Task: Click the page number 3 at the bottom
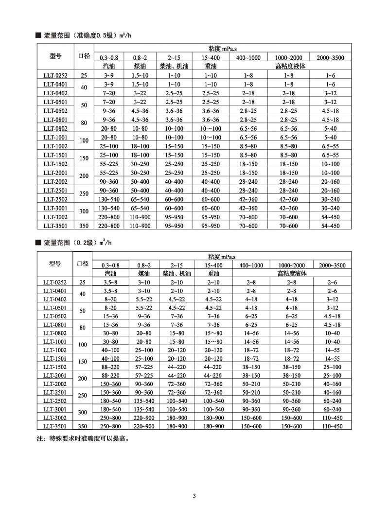pyautogui.click(x=194, y=496)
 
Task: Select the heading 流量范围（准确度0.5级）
pyautogui.click(x=80, y=35)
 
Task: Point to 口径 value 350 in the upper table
pyautogui.click(x=83, y=226)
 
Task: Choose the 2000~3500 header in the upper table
pyautogui.click(x=330, y=58)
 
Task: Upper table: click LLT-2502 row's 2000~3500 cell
pyautogui.click(x=330, y=199)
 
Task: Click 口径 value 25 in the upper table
pyautogui.click(x=83, y=75)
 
